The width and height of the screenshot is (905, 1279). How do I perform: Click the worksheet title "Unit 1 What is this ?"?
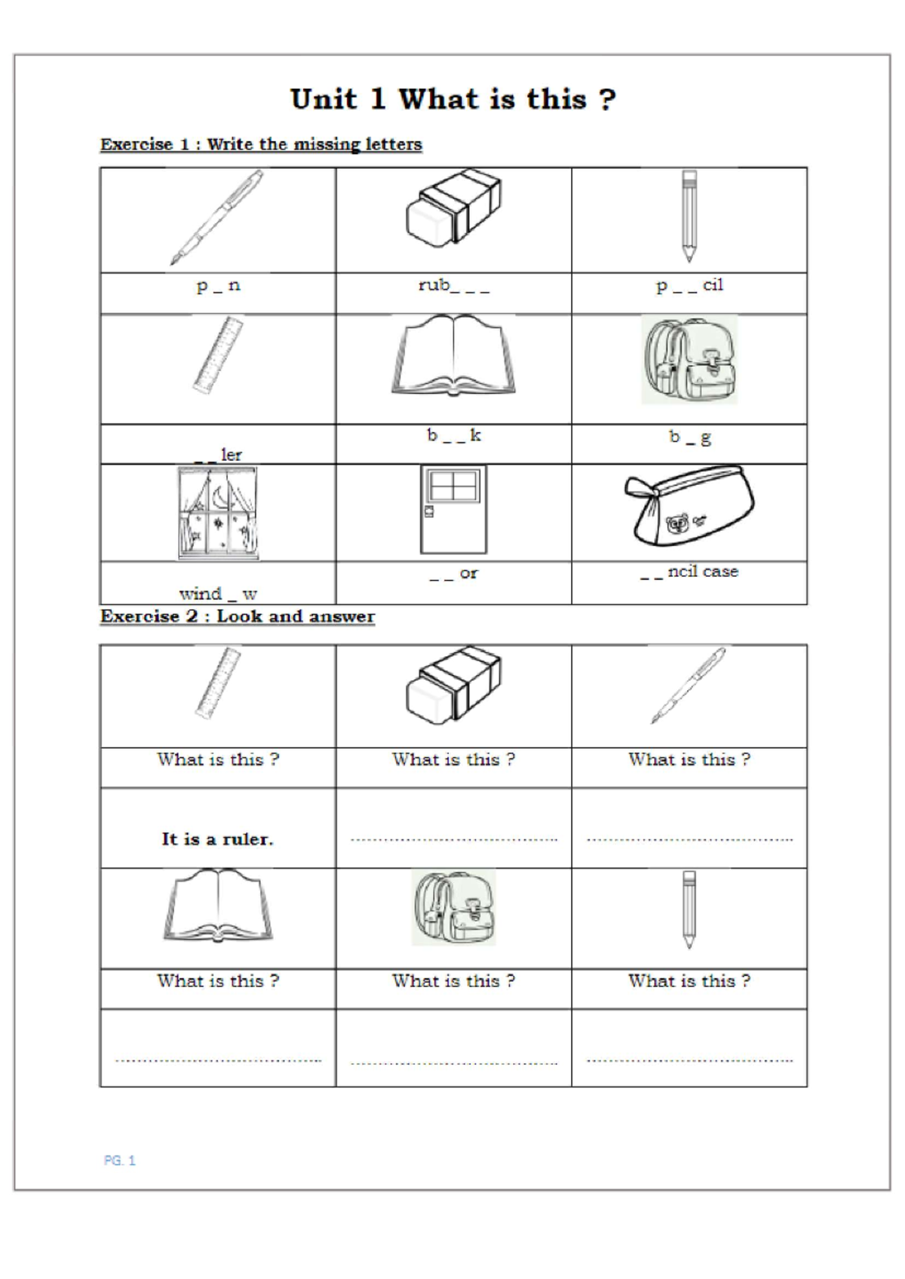click(x=452, y=100)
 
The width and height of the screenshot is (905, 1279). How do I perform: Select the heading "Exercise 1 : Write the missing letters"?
click(x=261, y=144)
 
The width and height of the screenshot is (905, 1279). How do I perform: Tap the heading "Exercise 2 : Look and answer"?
click(x=238, y=616)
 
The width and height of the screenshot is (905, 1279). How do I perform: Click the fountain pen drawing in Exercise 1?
click(x=216, y=218)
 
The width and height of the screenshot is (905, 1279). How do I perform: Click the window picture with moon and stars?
click(x=217, y=513)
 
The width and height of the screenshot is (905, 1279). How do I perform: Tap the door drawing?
click(x=453, y=509)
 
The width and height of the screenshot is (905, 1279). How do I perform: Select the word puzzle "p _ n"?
click(x=218, y=285)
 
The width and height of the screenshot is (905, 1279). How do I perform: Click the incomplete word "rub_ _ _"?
click(x=453, y=285)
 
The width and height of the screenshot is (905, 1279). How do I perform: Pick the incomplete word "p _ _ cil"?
click(x=689, y=285)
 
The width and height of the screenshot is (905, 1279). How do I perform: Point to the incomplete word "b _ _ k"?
click(x=453, y=436)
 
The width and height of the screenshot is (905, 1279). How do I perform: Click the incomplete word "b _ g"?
click(x=689, y=437)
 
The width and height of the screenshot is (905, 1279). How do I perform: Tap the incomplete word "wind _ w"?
click(x=218, y=593)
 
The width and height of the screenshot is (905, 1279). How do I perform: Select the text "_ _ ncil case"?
click(x=689, y=572)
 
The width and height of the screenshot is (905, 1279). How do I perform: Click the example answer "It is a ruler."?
click(x=217, y=839)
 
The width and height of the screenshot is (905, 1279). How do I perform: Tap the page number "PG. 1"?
click(x=119, y=1161)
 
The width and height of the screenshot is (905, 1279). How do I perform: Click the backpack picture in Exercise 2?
click(x=453, y=907)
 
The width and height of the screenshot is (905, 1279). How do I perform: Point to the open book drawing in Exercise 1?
click(x=453, y=355)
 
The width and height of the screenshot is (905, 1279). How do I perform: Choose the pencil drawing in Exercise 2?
click(x=689, y=909)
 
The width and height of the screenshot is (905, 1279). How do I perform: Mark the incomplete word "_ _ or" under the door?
click(x=453, y=574)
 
